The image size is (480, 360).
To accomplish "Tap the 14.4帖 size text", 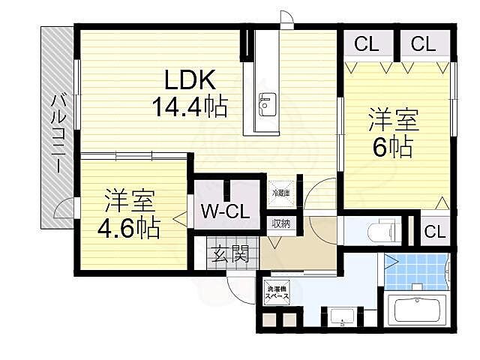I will click(x=190, y=108).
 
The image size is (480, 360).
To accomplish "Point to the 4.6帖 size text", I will click(x=129, y=226).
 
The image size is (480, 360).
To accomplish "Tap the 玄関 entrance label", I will click(x=229, y=253).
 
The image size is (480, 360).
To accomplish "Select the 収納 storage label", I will click(x=281, y=223).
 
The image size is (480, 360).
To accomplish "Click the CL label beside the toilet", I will click(x=434, y=231).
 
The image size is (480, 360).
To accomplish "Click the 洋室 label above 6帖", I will click(x=392, y=120).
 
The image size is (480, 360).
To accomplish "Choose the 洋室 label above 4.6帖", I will click(x=129, y=200).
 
